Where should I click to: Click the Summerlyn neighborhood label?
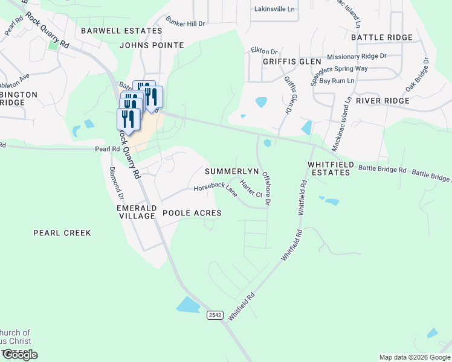[x=231, y=171]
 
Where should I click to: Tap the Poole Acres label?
[x=192, y=213]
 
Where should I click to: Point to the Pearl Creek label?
[x=62, y=232]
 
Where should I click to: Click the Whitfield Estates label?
[x=329, y=168]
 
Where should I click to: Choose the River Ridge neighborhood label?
[x=383, y=100]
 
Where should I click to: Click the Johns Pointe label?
[x=151, y=45]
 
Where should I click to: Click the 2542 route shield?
[x=215, y=315]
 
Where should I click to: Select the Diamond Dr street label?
[x=115, y=183]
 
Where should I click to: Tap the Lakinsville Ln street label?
[x=276, y=10]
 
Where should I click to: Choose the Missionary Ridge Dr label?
[x=357, y=56]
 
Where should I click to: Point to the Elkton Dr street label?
[x=263, y=52]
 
